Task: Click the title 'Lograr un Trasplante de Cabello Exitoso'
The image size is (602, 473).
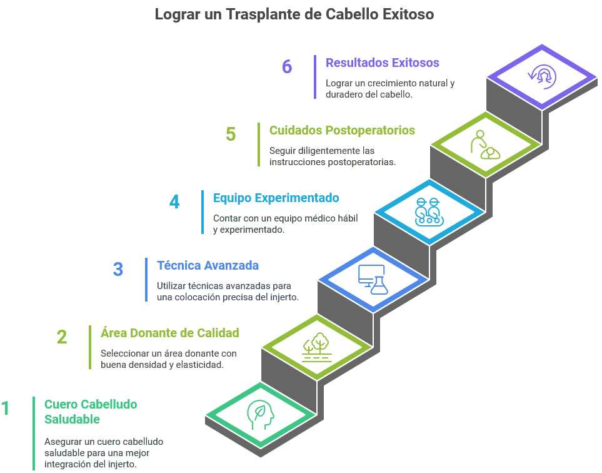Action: (x=294, y=14)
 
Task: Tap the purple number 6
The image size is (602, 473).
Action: (x=287, y=67)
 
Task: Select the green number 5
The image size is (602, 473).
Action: (x=231, y=135)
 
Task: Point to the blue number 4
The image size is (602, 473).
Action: (x=174, y=202)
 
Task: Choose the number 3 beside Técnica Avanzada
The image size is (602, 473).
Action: (x=118, y=270)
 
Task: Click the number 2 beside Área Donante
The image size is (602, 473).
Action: (x=62, y=337)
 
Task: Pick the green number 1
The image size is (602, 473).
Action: (x=6, y=409)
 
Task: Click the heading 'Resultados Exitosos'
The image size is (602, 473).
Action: (x=382, y=63)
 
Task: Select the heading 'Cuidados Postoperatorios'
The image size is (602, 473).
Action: (x=342, y=130)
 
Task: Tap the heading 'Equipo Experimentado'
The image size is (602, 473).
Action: (x=276, y=198)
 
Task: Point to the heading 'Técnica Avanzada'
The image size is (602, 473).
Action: (x=208, y=265)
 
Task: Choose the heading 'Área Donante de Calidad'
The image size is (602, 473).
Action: (x=169, y=332)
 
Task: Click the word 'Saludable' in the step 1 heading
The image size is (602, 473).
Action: (x=72, y=419)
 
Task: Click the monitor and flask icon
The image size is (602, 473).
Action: (x=373, y=280)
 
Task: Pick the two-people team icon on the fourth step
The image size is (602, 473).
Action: (x=428, y=211)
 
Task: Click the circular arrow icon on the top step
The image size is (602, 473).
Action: (x=541, y=76)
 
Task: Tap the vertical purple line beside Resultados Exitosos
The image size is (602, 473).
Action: (x=314, y=76)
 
